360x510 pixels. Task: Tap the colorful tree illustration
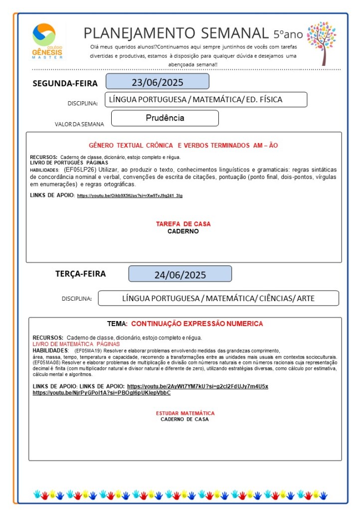pyautogui.click(x=321, y=42)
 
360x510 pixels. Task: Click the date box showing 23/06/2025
pyautogui.click(x=157, y=82)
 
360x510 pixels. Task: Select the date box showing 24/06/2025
pyautogui.click(x=180, y=274)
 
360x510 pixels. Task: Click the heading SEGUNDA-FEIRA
pyautogui.click(x=65, y=83)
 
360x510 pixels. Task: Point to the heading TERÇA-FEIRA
pyautogui.click(x=80, y=273)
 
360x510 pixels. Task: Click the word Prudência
pyautogui.click(x=165, y=118)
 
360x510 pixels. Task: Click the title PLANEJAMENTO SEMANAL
pyautogui.click(x=176, y=33)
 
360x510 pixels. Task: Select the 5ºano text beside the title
pyautogui.click(x=288, y=34)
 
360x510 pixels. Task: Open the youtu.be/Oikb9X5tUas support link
pyautogui.click(x=130, y=195)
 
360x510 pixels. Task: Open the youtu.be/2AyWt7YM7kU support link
pyautogui.click(x=197, y=386)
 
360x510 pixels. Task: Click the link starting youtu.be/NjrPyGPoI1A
pyautogui.click(x=101, y=393)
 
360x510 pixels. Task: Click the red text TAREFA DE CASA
pyautogui.click(x=183, y=224)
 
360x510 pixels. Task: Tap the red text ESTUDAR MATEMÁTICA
pyautogui.click(x=185, y=413)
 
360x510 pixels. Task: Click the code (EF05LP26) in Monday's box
pyautogui.click(x=80, y=170)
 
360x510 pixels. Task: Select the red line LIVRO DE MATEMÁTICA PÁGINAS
pyautogui.click(x=76, y=344)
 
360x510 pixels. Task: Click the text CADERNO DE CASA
pyautogui.click(x=184, y=419)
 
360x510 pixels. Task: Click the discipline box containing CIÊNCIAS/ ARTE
pyautogui.click(x=218, y=298)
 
